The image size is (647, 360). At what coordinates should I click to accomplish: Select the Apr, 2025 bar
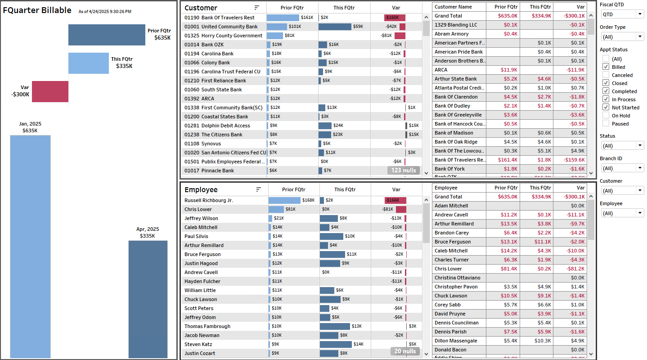point(148,299)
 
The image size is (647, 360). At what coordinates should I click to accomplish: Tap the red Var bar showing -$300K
point(50,91)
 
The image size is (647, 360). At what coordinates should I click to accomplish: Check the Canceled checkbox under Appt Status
point(606,75)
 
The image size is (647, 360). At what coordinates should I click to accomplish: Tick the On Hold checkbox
point(606,116)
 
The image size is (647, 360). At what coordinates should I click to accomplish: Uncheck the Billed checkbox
point(606,67)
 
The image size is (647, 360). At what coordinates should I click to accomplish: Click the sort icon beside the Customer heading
point(257,8)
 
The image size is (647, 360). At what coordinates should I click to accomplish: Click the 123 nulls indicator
point(403,171)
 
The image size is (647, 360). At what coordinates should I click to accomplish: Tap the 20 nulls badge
point(405,351)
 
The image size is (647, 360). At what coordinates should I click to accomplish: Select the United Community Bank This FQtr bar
point(335,27)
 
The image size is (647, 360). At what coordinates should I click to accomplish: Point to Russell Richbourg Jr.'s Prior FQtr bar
point(284,200)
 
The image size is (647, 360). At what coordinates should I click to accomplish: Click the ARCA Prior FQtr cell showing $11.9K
point(503,70)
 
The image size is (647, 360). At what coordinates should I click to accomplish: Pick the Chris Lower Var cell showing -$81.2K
point(570,269)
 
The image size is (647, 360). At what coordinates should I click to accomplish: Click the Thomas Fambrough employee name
point(207,326)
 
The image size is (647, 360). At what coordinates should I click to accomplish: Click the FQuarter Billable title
point(37,10)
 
